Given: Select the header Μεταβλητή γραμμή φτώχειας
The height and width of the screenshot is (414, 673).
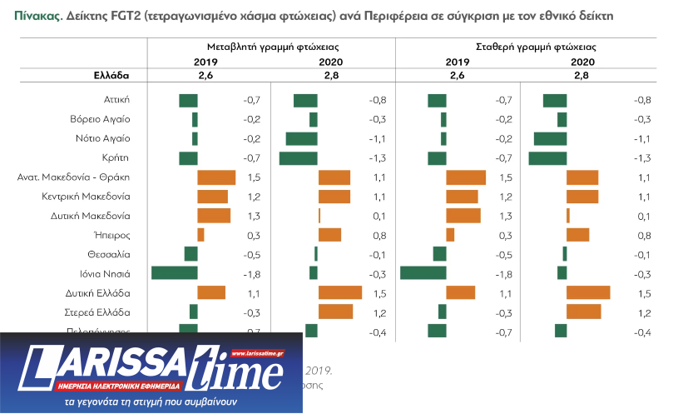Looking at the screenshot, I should tap(272, 48).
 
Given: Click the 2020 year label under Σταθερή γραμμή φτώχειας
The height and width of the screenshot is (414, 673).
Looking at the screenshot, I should tap(582, 62).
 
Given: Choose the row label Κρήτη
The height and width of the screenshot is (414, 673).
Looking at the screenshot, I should tap(117, 157).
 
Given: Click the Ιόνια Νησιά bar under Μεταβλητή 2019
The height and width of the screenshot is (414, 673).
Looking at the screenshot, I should tap(175, 273).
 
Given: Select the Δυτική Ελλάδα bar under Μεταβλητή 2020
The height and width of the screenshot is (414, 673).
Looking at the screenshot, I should tap(340, 292).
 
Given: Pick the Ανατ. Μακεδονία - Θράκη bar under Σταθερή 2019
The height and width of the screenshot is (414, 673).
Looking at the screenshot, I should tap(466, 177).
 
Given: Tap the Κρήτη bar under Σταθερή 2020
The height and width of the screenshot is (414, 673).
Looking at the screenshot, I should tap(547, 158).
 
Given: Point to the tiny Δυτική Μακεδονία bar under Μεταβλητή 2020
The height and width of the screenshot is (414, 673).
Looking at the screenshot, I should tap(319, 216).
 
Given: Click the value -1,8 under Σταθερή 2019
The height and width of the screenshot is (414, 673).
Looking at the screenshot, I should tap(502, 274).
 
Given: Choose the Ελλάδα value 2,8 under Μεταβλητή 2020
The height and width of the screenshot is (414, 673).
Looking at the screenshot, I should tap(334, 75).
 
